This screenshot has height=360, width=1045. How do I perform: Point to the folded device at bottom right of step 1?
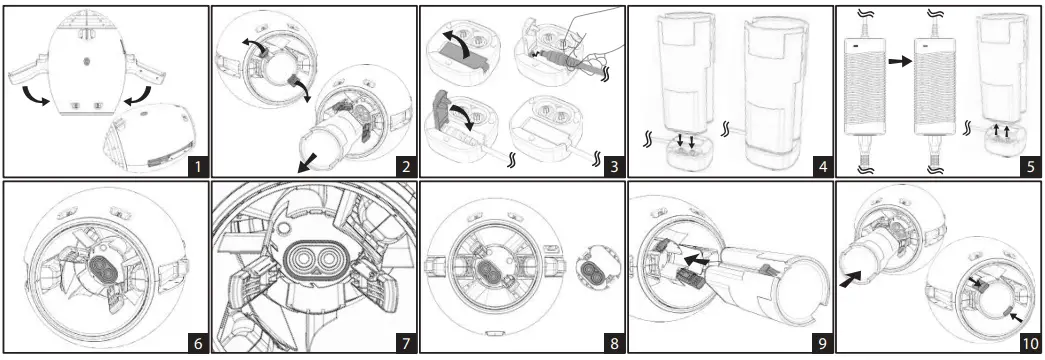point(153,143)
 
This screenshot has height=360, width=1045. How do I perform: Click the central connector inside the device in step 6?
point(102,269)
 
